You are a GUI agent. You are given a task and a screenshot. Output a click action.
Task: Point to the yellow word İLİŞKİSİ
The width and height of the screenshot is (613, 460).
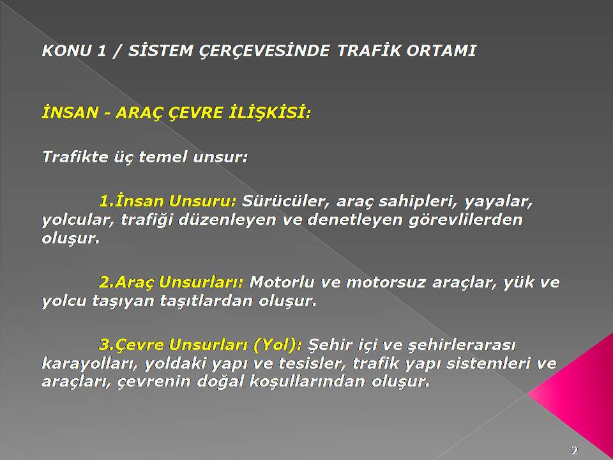269,113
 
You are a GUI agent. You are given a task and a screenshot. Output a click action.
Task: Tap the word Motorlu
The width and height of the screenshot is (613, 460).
282,282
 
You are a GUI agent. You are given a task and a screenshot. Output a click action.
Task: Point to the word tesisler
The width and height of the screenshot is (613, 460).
311,364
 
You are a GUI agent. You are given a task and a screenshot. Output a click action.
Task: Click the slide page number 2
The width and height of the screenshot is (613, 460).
575,450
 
